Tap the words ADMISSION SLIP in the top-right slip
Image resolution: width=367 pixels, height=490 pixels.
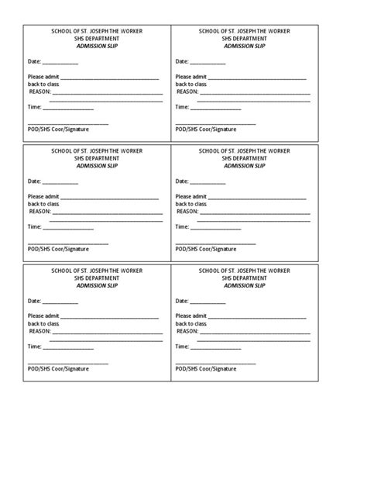(x=245, y=45)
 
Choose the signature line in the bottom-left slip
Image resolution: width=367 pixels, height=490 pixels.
(x=68, y=364)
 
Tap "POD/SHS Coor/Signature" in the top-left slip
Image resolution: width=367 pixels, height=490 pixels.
(x=58, y=129)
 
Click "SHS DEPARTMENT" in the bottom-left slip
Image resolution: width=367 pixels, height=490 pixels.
(x=97, y=278)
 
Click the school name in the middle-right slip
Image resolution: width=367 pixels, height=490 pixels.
(x=245, y=151)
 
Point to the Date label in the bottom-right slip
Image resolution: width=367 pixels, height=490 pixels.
(x=182, y=301)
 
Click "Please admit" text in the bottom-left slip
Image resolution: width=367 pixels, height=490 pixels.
(x=43, y=316)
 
